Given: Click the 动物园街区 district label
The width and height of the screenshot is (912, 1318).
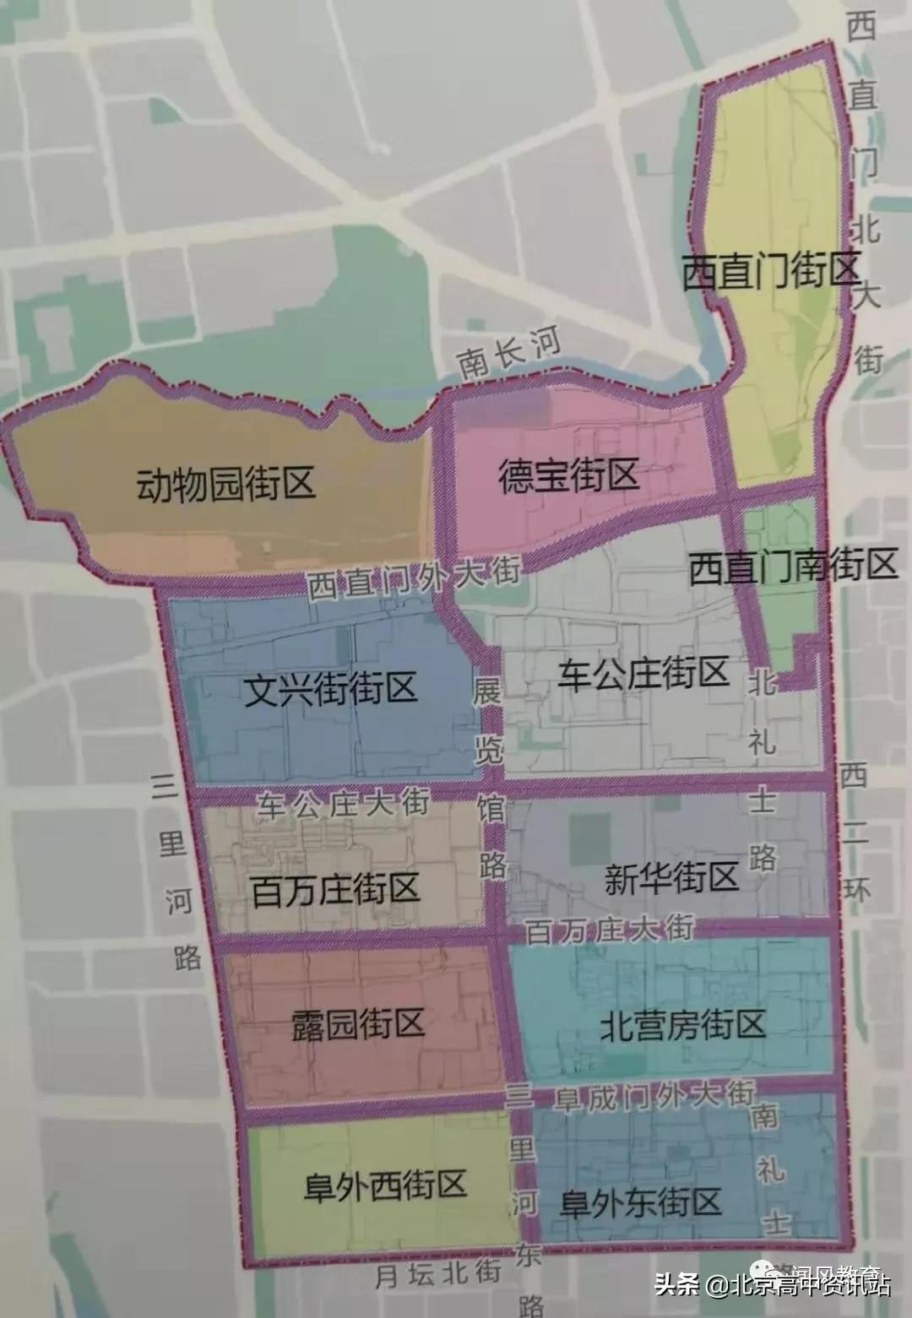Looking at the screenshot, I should coord(225,485).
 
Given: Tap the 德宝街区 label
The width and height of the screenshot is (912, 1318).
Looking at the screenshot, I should coord(567,475).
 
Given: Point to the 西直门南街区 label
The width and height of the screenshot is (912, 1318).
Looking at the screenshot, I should coord(792,567).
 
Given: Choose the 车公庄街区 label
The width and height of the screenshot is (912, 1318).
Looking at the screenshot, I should coord(643,674).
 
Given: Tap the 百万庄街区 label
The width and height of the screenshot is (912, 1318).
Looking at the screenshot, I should coord(335,890).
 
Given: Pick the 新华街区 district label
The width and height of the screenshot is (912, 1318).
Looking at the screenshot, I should coord(671,878).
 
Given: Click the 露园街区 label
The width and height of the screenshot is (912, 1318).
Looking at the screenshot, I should coord(357,1024).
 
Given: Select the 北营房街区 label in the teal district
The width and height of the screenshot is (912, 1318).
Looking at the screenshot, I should coord(682,1024).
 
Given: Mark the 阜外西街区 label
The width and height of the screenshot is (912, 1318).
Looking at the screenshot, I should coord(384,1185).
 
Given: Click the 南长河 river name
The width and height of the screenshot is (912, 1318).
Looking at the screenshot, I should coord(509,353).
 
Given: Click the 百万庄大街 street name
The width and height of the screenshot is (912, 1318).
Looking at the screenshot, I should coord(609,930).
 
